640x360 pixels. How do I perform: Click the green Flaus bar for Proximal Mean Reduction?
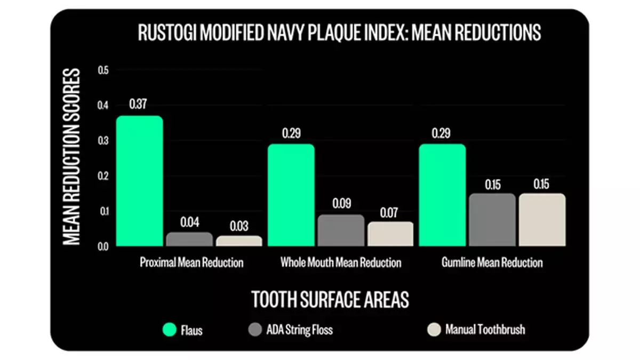coord(139,181)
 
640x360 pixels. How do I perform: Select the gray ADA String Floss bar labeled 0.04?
coord(189,239)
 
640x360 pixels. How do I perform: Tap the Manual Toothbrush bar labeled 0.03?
coord(239,241)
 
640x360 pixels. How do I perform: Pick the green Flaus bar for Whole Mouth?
coord(291,195)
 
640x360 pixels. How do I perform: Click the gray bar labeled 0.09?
coord(341,230)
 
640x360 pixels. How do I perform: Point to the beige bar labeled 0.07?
coord(390,234)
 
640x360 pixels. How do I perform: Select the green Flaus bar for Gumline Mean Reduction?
coord(442,195)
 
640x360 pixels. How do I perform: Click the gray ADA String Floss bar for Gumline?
coord(492,220)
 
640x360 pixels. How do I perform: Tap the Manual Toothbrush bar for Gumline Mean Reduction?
coord(542,220)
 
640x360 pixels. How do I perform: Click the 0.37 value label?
coord(138,104)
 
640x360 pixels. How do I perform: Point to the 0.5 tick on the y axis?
coord(103,70)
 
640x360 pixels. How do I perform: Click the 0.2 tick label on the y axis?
coord(103,176)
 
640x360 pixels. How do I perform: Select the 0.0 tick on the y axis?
coord(103,246)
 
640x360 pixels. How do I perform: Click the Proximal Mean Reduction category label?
coord(191,263)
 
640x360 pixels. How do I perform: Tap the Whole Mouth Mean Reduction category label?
coord(341,263)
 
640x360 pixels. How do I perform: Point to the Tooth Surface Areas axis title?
coord(330,300)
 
